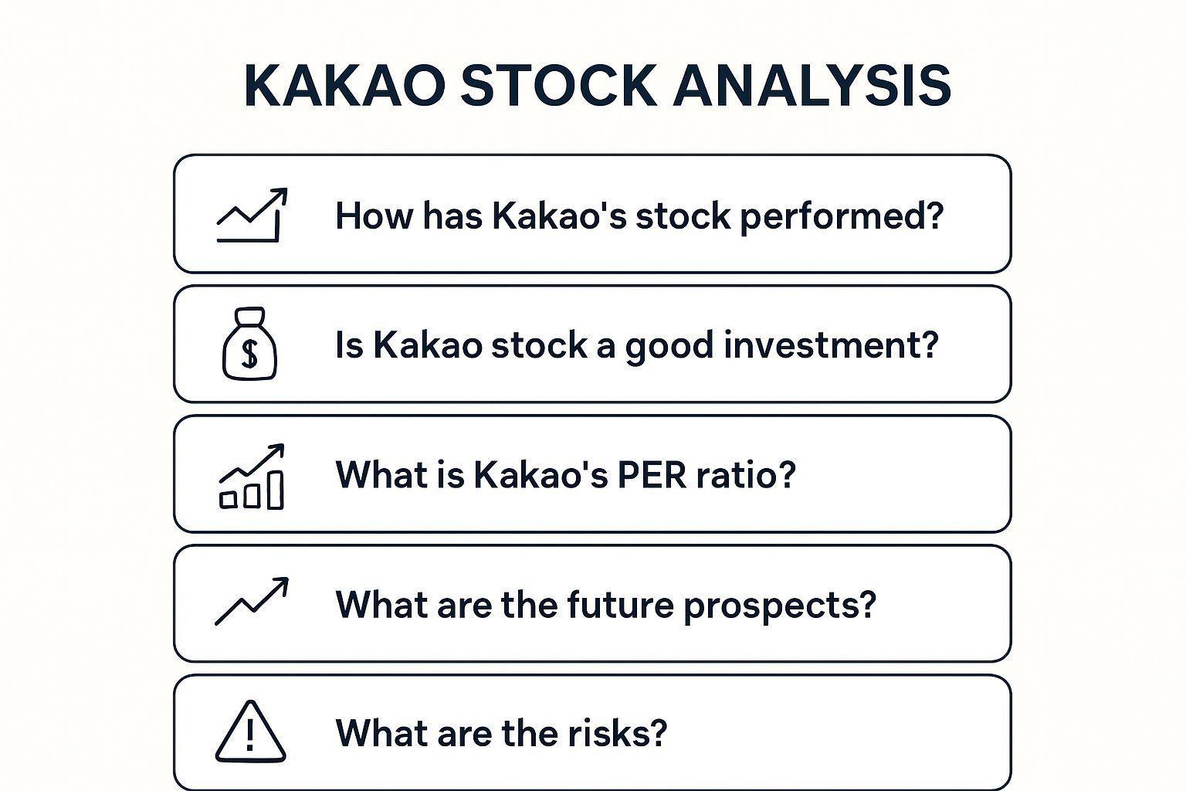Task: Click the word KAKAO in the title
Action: point(344,86)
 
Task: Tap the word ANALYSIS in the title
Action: point(813,86)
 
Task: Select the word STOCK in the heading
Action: point(559,86)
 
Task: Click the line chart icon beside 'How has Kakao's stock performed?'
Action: point(252,215)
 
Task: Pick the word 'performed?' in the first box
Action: point(842,217)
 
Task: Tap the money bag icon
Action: point(249,344)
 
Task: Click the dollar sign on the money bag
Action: point(249,354)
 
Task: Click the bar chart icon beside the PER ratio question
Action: point(252,477)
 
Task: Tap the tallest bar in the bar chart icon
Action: point(276,490)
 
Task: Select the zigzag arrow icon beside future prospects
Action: point(252,601)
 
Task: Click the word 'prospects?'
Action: point(780,606)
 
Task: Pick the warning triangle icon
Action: point(250,731)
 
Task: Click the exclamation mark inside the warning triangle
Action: point(250,735)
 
